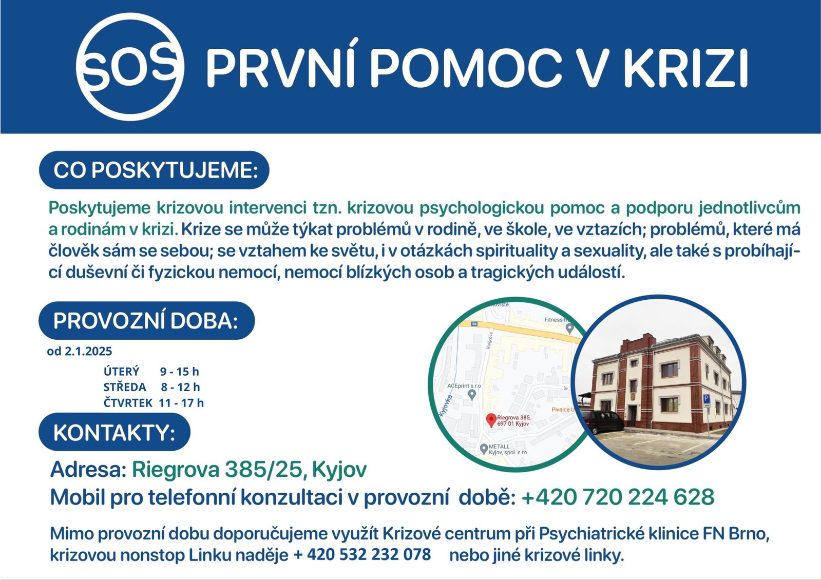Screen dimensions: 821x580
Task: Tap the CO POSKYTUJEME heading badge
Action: click(x=154, y=170)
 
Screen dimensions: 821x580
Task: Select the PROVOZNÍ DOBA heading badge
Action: click(x=147, y=321)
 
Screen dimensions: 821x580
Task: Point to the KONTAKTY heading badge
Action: click(x=114, y=432)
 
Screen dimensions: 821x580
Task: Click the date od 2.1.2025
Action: click(x=80, y=352)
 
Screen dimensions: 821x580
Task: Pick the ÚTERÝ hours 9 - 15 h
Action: click(x=179, y=372)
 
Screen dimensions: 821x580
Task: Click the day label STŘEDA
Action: click(x=125, y=387)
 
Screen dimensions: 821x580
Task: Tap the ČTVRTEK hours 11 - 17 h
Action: click(x=181, y=403)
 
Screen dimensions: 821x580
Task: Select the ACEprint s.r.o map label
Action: click(x=464, y=386)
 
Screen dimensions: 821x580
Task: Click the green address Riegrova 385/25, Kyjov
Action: click(x=249, y=469)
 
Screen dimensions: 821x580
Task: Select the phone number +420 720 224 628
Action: click(x=618, y=497)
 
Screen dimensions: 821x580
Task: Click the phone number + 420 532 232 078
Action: click(x=362, y=554)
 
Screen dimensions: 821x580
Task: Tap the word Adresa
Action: click(x=88, y=469)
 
